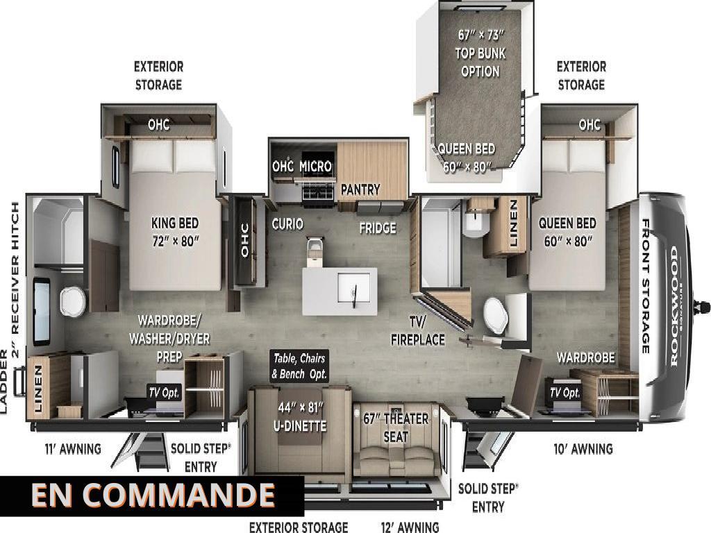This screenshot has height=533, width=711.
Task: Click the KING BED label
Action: point(175,223)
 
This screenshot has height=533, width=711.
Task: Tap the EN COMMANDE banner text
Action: point(153,494)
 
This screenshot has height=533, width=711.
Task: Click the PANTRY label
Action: point(360,189)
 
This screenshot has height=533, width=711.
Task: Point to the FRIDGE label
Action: point(378,228)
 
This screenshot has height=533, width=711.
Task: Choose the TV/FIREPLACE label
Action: point(417,330)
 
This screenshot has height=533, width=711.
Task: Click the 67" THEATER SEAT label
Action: point(395,428)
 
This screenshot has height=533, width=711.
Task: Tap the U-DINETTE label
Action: point(300,425)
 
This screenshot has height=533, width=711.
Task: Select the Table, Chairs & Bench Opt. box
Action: point(299,366)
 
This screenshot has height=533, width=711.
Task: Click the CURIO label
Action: point(287,224)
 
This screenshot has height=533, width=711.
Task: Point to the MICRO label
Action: point(316,167)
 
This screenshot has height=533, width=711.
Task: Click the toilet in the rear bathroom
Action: point(72,301)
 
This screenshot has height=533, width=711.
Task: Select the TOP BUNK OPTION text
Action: point(480,62)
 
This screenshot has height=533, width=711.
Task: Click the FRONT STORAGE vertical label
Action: point(645,285)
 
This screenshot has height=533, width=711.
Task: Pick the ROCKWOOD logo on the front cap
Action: point(674,306)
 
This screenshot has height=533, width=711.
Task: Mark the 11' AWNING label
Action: point(73,449)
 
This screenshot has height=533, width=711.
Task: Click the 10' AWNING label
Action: point(583,449)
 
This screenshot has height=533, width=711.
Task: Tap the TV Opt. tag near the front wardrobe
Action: point(565,393)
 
